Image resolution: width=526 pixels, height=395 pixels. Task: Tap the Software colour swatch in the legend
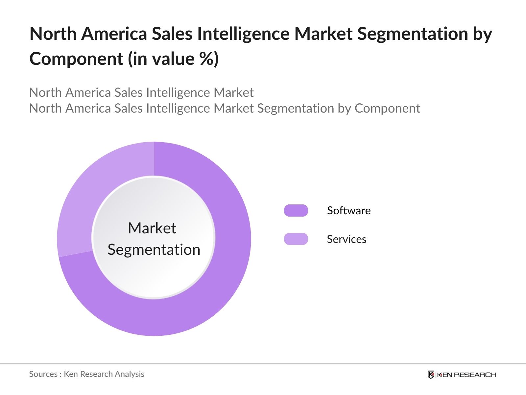coord(296,211)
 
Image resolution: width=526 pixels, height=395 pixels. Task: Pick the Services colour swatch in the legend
coord(296,239)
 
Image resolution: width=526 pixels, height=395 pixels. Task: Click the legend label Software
coord(349,211)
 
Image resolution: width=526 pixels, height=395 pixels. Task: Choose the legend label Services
coord(347,239)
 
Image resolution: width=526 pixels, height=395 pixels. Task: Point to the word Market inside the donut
coord(152,228)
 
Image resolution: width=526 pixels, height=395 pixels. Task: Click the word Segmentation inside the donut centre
coord(154,250)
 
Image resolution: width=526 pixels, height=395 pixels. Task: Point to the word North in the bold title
coord(53,34)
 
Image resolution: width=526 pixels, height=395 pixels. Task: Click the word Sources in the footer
coord(43,374)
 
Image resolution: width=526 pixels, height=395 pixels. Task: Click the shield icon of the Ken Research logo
coord(431,375)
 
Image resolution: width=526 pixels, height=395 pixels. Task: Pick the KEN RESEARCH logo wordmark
coord(466,375)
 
